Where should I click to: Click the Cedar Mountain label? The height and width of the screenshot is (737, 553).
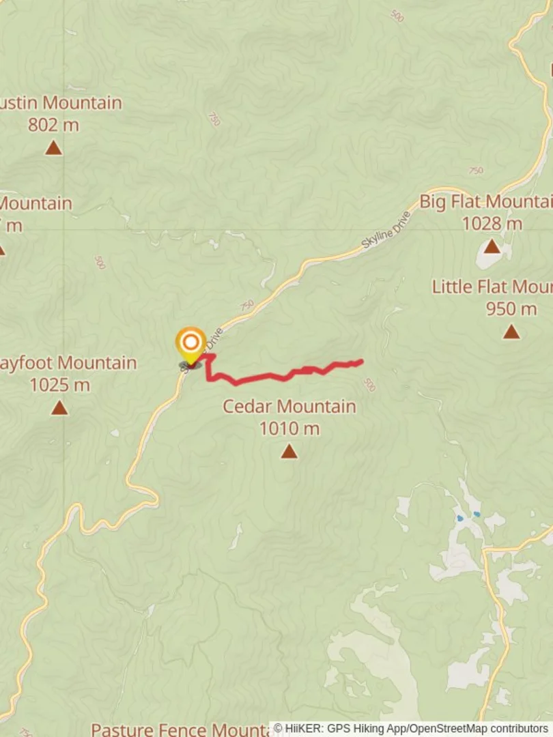pos(289,407)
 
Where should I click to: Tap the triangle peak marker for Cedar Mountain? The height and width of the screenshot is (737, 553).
pos(289,451)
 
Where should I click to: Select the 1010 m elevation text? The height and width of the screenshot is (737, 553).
pos(289,429)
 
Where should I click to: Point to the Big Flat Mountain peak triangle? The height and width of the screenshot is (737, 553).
pos(492,246)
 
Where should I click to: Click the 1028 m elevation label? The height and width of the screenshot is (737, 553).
pos(492,223)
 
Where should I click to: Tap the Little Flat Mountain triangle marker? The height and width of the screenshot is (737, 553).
pos(511,332)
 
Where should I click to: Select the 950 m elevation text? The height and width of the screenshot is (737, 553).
pos(511,308)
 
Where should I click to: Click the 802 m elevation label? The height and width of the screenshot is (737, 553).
pos(53,125)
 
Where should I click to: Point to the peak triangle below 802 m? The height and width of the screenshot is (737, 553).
pos(53,147)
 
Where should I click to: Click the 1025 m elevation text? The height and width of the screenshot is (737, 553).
pos(59,385)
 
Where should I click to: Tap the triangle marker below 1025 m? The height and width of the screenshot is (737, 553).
pos(59,408)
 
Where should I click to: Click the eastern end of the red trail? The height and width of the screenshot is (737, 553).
pos(360,362)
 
